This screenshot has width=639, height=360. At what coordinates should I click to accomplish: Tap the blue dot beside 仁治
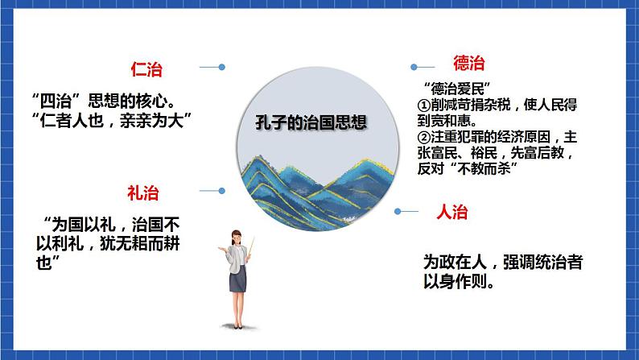[x=222, y=67]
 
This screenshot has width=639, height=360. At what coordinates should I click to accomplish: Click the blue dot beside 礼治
[x=222, y=191]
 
